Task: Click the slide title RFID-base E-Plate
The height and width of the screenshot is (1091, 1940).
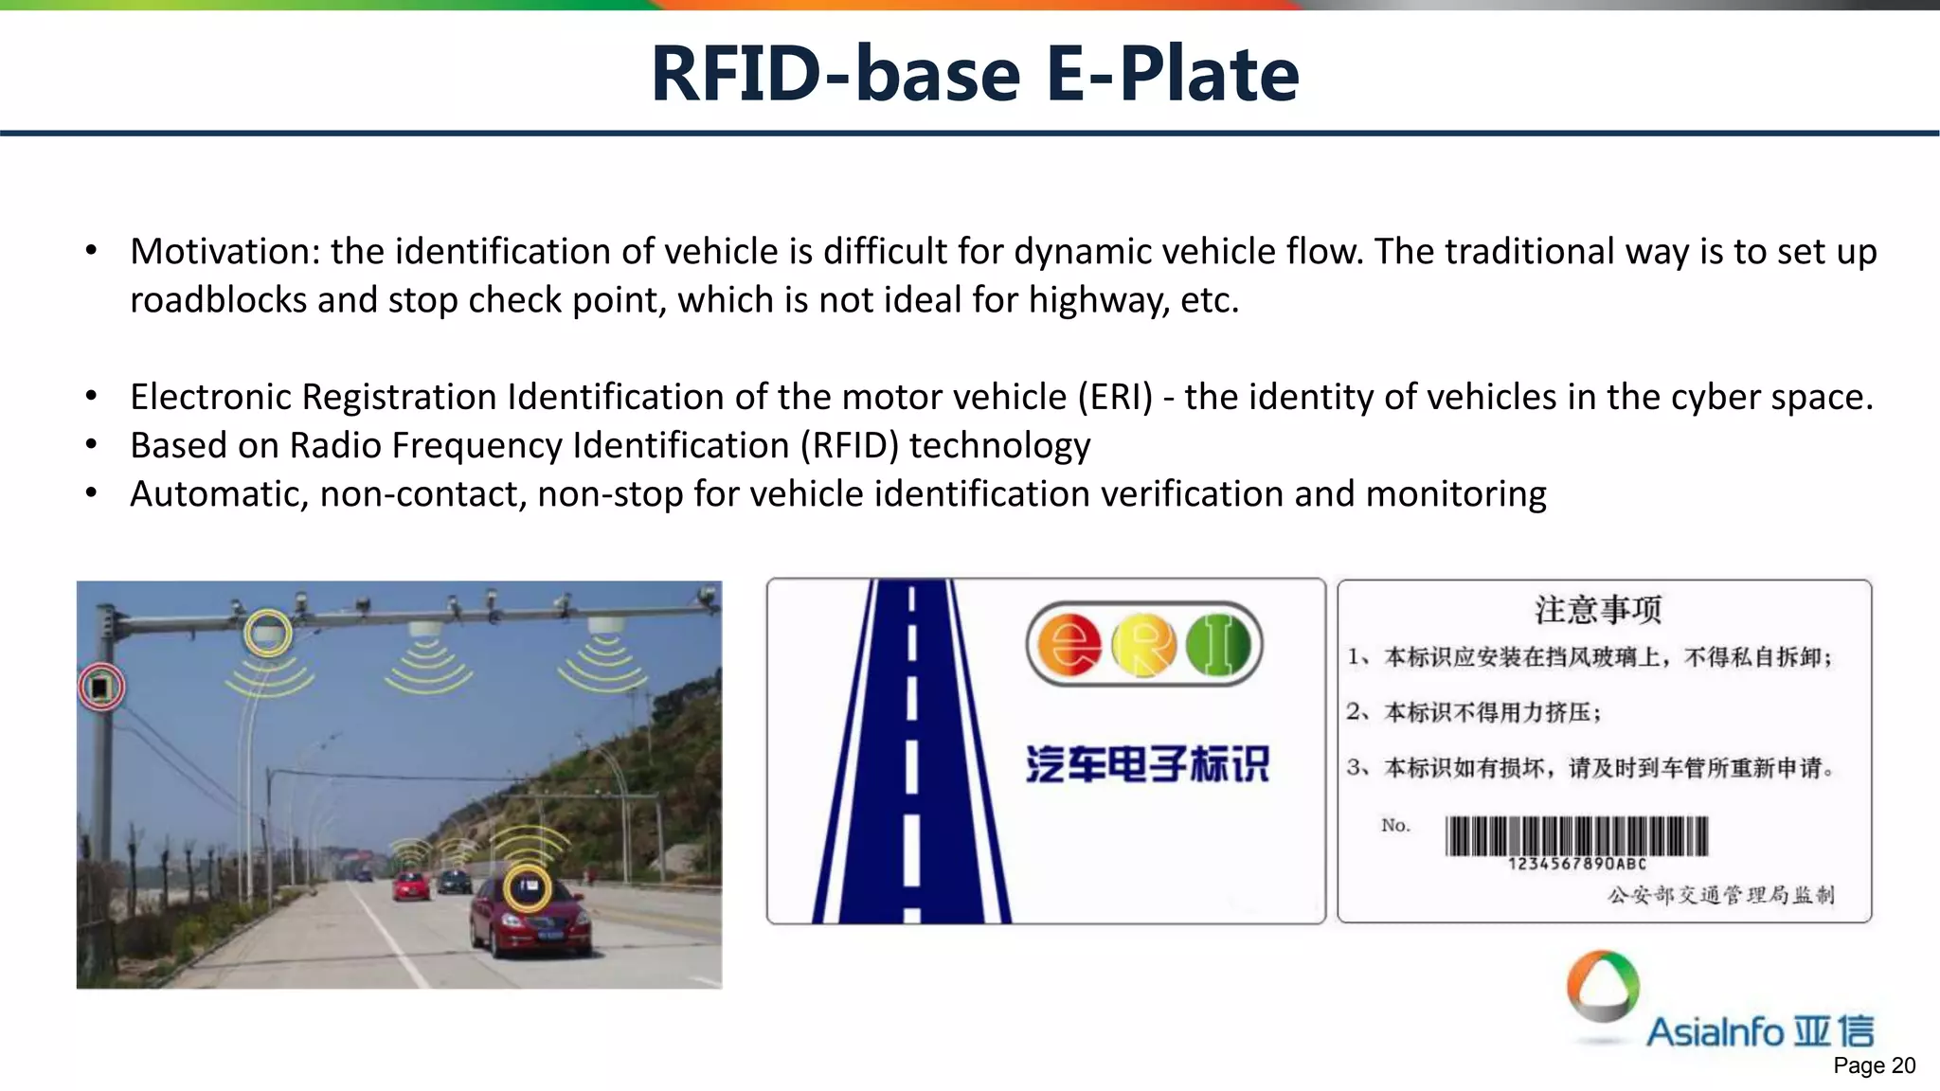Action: click(x=975, y=74)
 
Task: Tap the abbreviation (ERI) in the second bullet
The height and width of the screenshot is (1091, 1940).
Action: click(x=1115, y=397)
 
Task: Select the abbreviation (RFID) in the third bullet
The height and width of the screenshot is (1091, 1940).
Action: click(x=849, y=445)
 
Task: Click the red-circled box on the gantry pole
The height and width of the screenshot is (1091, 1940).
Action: click(x=100, y=687)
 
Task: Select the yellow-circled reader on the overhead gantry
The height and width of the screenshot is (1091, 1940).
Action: click(x=268, y=633)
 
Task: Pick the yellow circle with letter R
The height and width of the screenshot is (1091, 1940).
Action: click(x=1143, y=646)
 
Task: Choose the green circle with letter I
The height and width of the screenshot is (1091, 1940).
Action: click(x=1218, y=646)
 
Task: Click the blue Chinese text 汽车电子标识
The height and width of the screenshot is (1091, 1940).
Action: click(x=1147, y=764)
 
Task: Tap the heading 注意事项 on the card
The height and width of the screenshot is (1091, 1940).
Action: click(x=1598, y=609)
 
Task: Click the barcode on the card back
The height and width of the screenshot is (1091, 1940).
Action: click(x=1576, y=836)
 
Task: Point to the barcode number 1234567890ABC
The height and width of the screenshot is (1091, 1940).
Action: click(x=1576, y=864)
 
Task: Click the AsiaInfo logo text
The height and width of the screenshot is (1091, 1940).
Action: click(x=1759, y=1031)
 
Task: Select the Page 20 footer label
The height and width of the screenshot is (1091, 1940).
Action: click(x=1874, y=1066)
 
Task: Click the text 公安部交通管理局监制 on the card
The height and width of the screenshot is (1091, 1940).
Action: click(x=1720, y=895)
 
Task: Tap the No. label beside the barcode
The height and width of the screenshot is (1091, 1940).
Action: click(x=1395, y=826)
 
